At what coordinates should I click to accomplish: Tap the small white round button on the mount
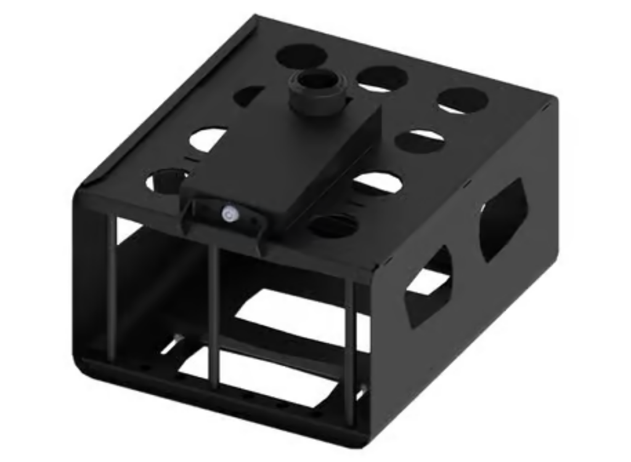pyautogui.click(x=229, y=214)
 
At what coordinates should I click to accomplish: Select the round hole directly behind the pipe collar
pyautogui.click(x=301, y=56)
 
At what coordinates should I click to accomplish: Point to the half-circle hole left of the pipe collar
pyautogui.click(x=250, y=96)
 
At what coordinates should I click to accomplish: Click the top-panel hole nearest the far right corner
pyautogui.click(x=463, y=100)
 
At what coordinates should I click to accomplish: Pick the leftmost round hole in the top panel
pyautogui.click(x=167, y=180)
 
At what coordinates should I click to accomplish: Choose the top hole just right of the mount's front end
pyautogui.click(x=333, y=225)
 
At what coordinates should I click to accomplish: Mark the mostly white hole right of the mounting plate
pyautogui.click(x=378, y=183)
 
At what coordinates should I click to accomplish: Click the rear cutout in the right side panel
pyautogui.click(x=503, y=219)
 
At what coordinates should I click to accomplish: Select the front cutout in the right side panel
pyautogui.click(x=428, y=286)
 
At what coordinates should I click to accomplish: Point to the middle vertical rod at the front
pyautogui.click(x=214, y=317)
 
